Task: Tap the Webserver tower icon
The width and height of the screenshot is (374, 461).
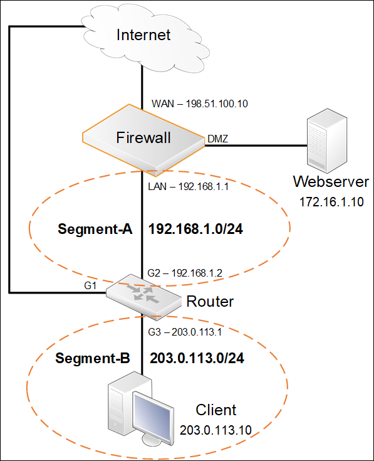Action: click(x=327, y=141)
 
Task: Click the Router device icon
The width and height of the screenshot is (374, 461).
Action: click(x=143, y=297)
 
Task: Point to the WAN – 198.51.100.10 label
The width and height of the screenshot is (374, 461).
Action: click(x=200, y=103)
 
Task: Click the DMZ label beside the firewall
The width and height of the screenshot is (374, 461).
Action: click(x=217, y=139)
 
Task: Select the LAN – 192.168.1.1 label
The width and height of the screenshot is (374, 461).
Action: click(x=188, y=186)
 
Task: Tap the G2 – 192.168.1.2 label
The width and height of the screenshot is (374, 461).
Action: click(x=185, y=273)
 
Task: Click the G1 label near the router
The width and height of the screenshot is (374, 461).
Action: click(x=90, y=285)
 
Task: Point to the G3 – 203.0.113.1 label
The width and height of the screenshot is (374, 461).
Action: click(x=185, y=332)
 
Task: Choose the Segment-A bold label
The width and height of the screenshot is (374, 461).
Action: click(x=95, y=229)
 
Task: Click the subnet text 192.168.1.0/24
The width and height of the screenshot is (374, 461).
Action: click(x=196, y=229)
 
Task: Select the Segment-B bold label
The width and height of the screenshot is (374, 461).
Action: click(x=93, y=358)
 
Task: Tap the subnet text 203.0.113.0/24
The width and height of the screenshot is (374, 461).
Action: click(x=197, y=358)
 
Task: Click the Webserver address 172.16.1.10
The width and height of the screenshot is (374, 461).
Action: click(x=331, y=202)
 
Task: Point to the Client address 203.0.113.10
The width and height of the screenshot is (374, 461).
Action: click(x=216, y=430)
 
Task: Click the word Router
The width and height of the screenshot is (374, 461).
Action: click(x=210, y=301)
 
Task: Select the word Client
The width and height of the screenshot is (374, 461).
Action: click(x=216, y=410)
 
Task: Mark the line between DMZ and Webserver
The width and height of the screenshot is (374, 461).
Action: click(x=256, y=146)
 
